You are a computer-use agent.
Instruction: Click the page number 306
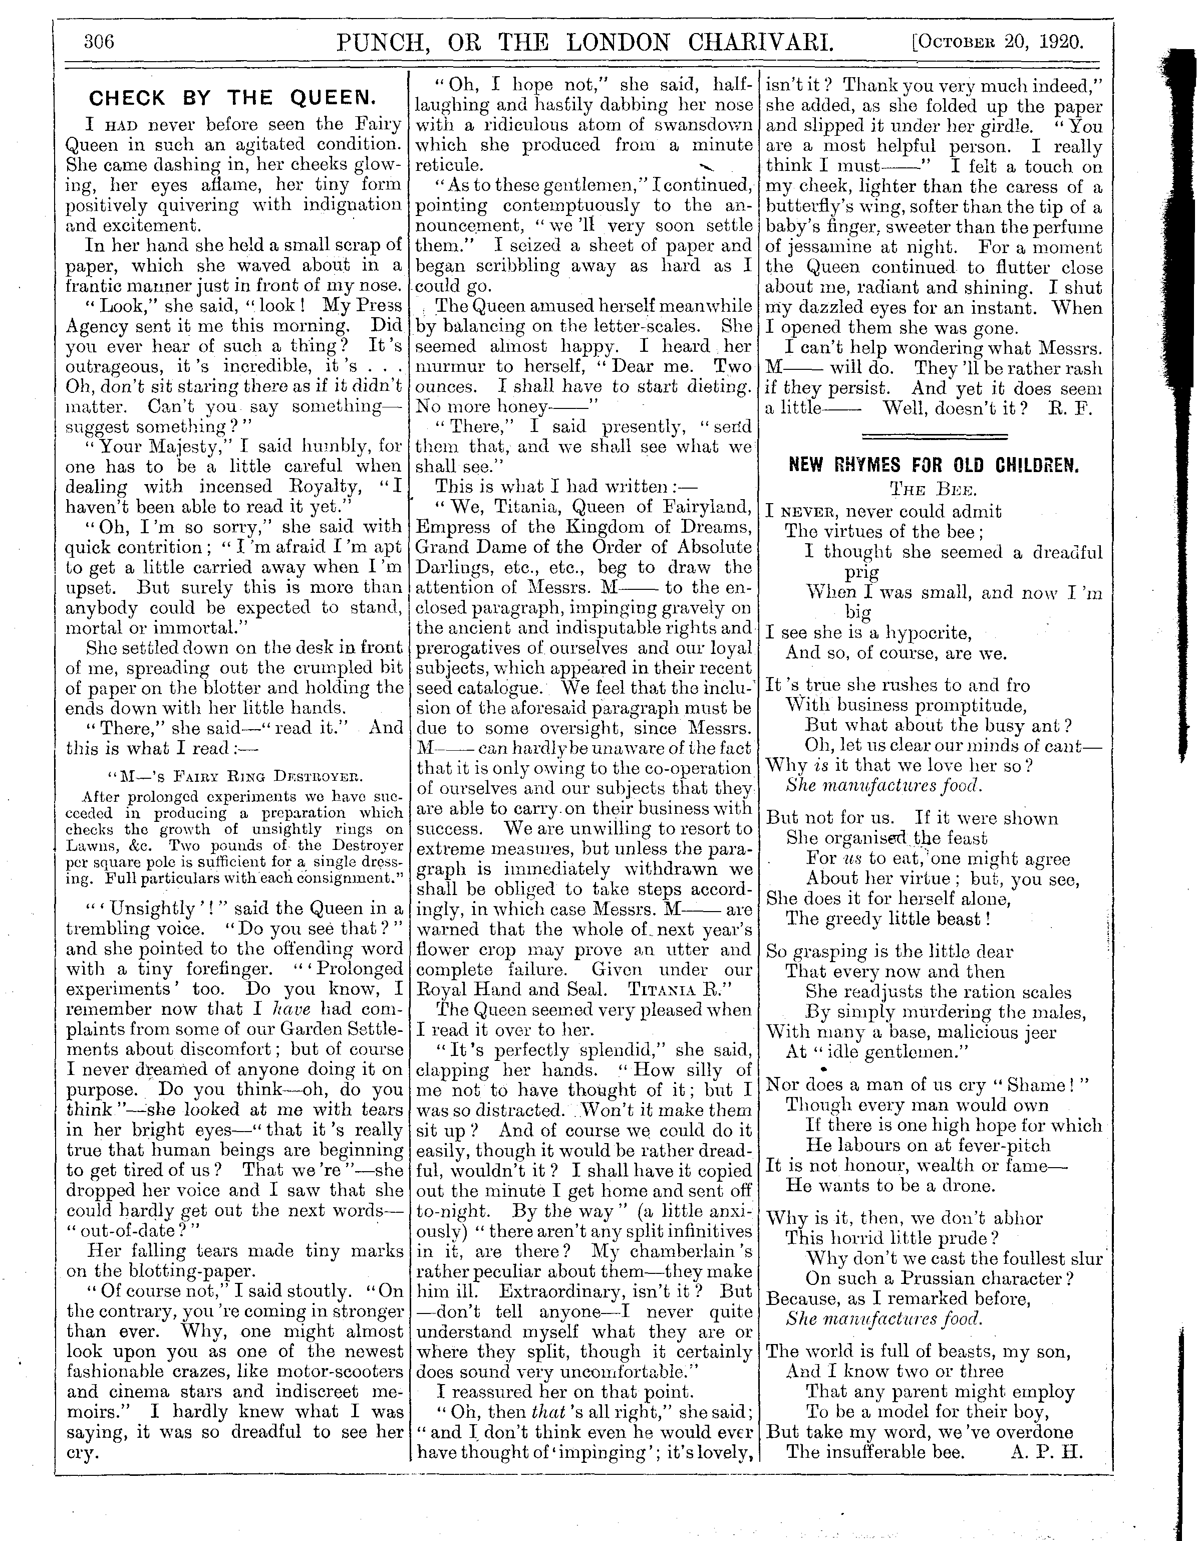(99, 42)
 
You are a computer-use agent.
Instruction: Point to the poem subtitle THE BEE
(933, 490)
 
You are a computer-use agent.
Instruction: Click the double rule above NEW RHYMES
(935, 437)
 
